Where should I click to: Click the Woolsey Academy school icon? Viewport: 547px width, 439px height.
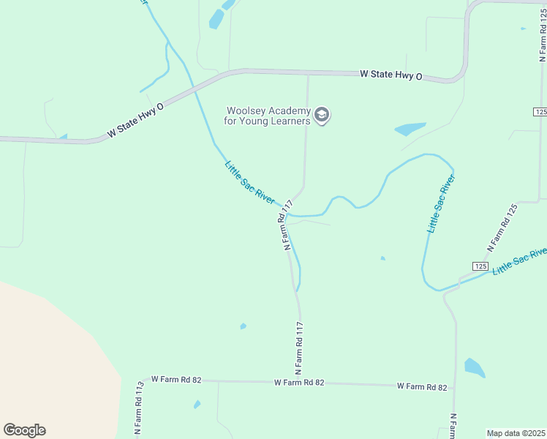[322, 115]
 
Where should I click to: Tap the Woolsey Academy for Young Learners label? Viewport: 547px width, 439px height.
[268, 116]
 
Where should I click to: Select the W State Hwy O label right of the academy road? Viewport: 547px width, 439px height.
[391, 75]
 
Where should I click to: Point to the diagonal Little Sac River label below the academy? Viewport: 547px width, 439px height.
[249, 183]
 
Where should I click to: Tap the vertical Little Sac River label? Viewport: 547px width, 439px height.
[441, 204]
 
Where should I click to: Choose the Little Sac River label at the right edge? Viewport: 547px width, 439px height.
[520, 261]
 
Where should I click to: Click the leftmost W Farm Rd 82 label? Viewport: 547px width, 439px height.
[176, 380]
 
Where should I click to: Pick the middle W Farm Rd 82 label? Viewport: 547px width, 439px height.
[298, 383]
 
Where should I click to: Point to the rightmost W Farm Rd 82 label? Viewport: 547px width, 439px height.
[421, 386]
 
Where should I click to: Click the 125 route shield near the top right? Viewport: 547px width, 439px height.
[540, 111]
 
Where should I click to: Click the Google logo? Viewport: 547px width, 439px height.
[24, 430]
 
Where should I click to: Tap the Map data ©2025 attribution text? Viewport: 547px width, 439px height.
[516, 433]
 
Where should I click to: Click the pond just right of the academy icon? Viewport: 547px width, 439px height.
[410, 129]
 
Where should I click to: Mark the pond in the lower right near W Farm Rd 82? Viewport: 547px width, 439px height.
[474, 367]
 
